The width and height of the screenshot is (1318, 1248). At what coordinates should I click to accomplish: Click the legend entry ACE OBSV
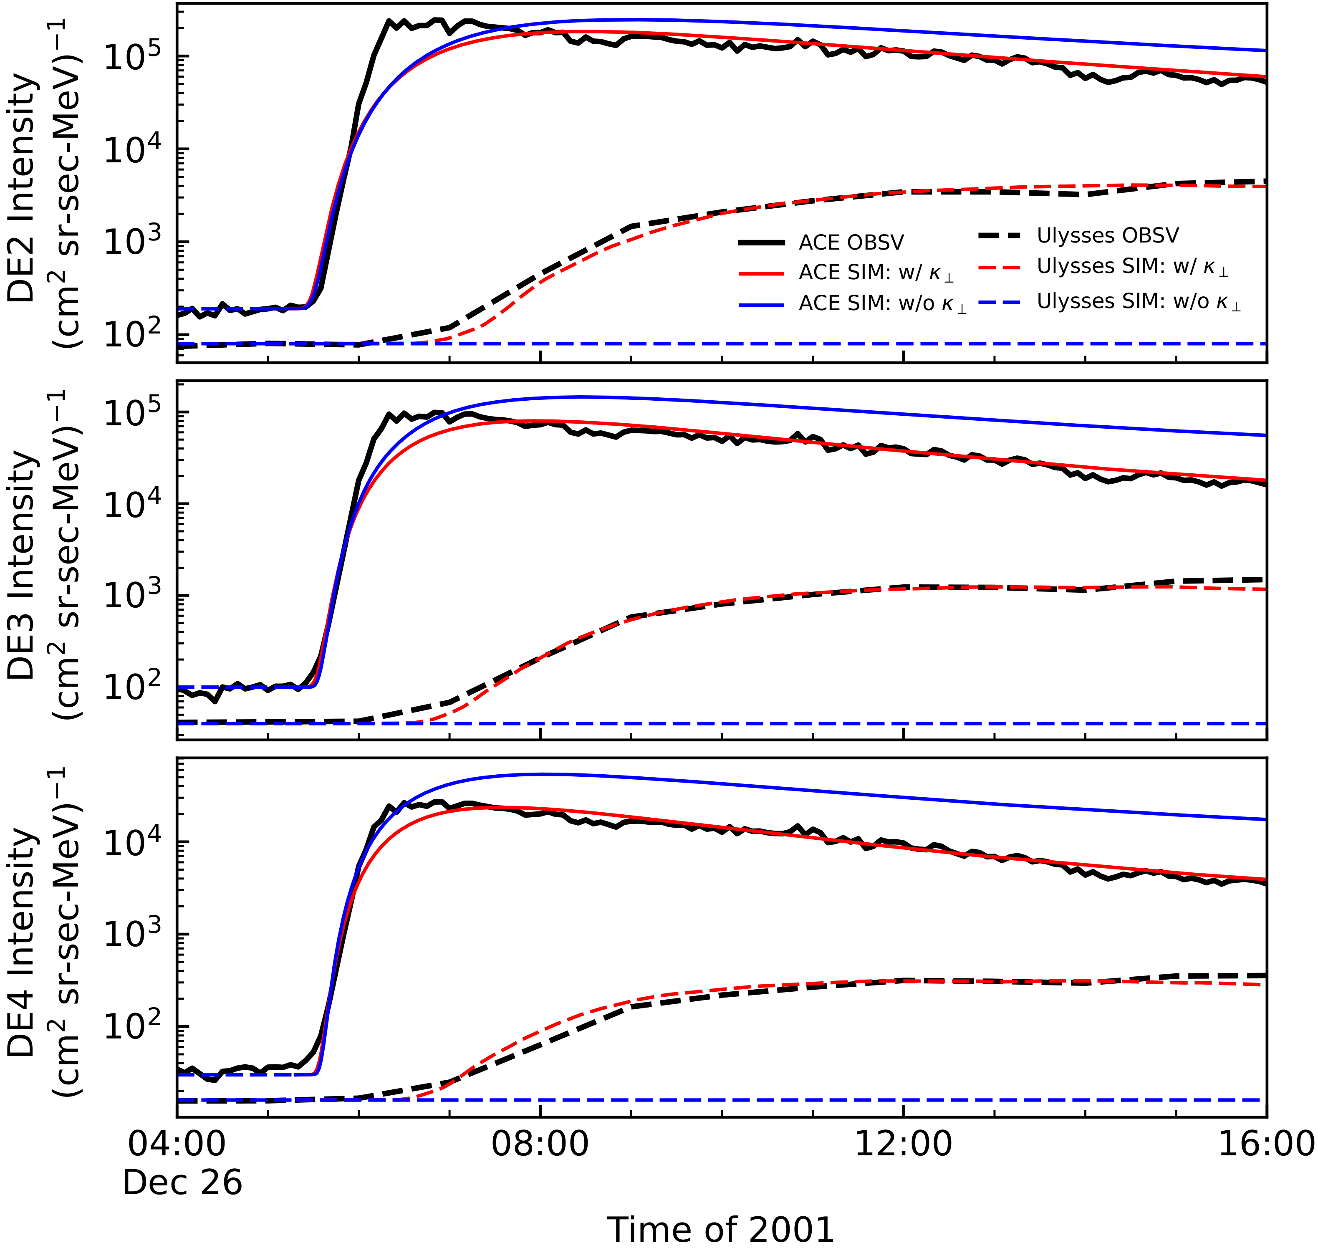pos(851,243)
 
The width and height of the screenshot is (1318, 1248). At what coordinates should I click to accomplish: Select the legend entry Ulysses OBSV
pos(1108,235)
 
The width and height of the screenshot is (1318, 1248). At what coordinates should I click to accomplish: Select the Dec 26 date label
pos(182,1182)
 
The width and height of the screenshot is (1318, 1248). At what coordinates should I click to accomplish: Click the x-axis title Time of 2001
pos(720,1229)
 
